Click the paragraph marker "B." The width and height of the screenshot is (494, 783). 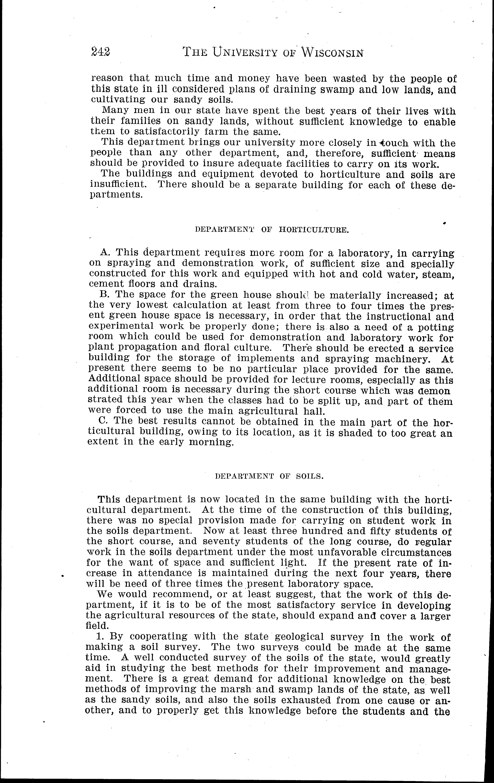pyautogui.click(x=104, y=295)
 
